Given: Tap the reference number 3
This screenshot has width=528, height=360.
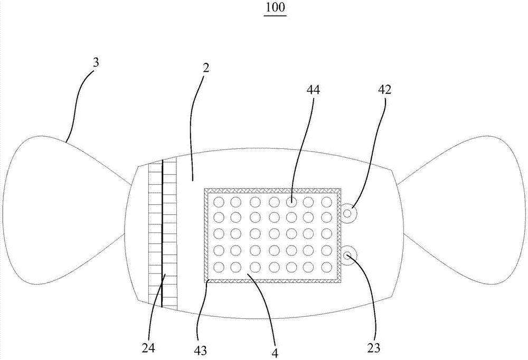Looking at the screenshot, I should pos(96,62).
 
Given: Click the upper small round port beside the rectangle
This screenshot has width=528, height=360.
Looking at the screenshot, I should pos(348,213).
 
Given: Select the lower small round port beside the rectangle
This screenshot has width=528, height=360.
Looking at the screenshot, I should pos(348,256).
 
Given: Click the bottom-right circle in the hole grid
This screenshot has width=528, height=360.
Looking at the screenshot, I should pos(327,267).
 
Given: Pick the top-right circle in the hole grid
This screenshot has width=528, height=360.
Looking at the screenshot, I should pos(327,201).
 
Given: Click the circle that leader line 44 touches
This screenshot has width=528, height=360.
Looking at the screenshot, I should pos(291,201).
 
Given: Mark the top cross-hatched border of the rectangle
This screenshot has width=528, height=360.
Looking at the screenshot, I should pos(272,190).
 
